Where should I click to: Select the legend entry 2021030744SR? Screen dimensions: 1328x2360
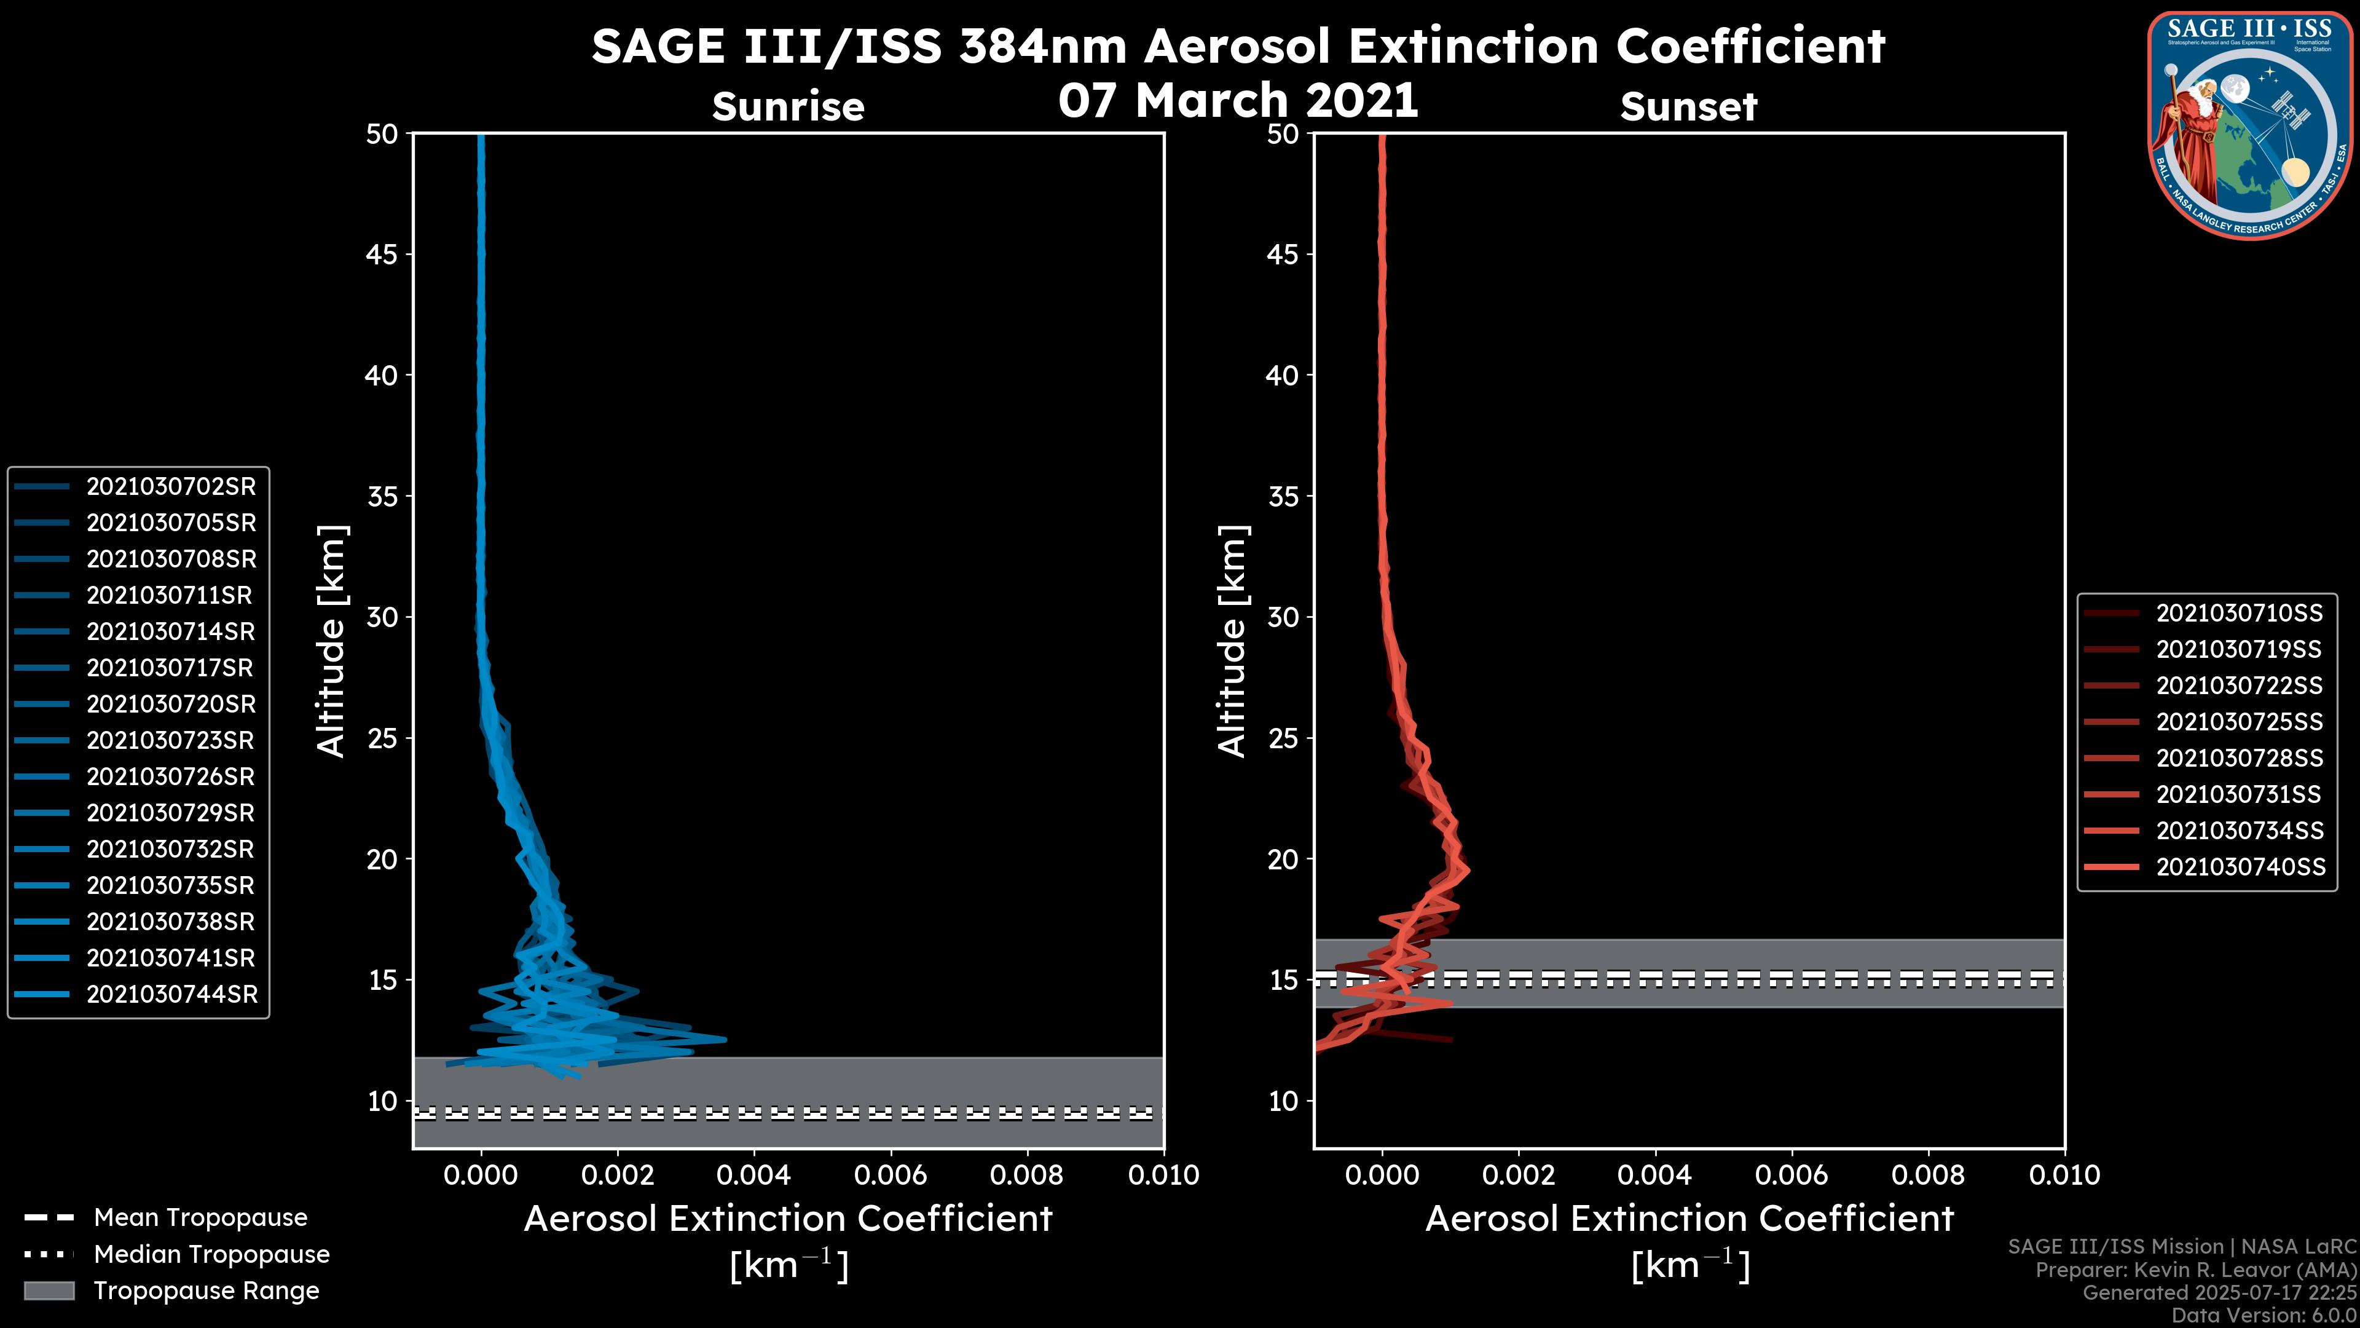coord(171,994)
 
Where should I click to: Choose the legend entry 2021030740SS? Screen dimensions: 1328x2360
coord(2240,867)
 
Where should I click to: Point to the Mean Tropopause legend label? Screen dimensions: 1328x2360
coord(200,1218)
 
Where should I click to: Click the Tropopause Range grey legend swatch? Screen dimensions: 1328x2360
coord(49,1291)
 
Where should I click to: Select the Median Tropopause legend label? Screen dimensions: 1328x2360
coord(211,1255)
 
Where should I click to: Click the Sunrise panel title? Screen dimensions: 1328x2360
coord(788,107)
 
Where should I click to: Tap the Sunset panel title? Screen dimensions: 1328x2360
coord(1688,107)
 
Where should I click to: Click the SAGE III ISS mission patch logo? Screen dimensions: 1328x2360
coord(2250,125)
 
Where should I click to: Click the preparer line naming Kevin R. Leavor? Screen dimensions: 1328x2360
coord(2195,1270)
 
